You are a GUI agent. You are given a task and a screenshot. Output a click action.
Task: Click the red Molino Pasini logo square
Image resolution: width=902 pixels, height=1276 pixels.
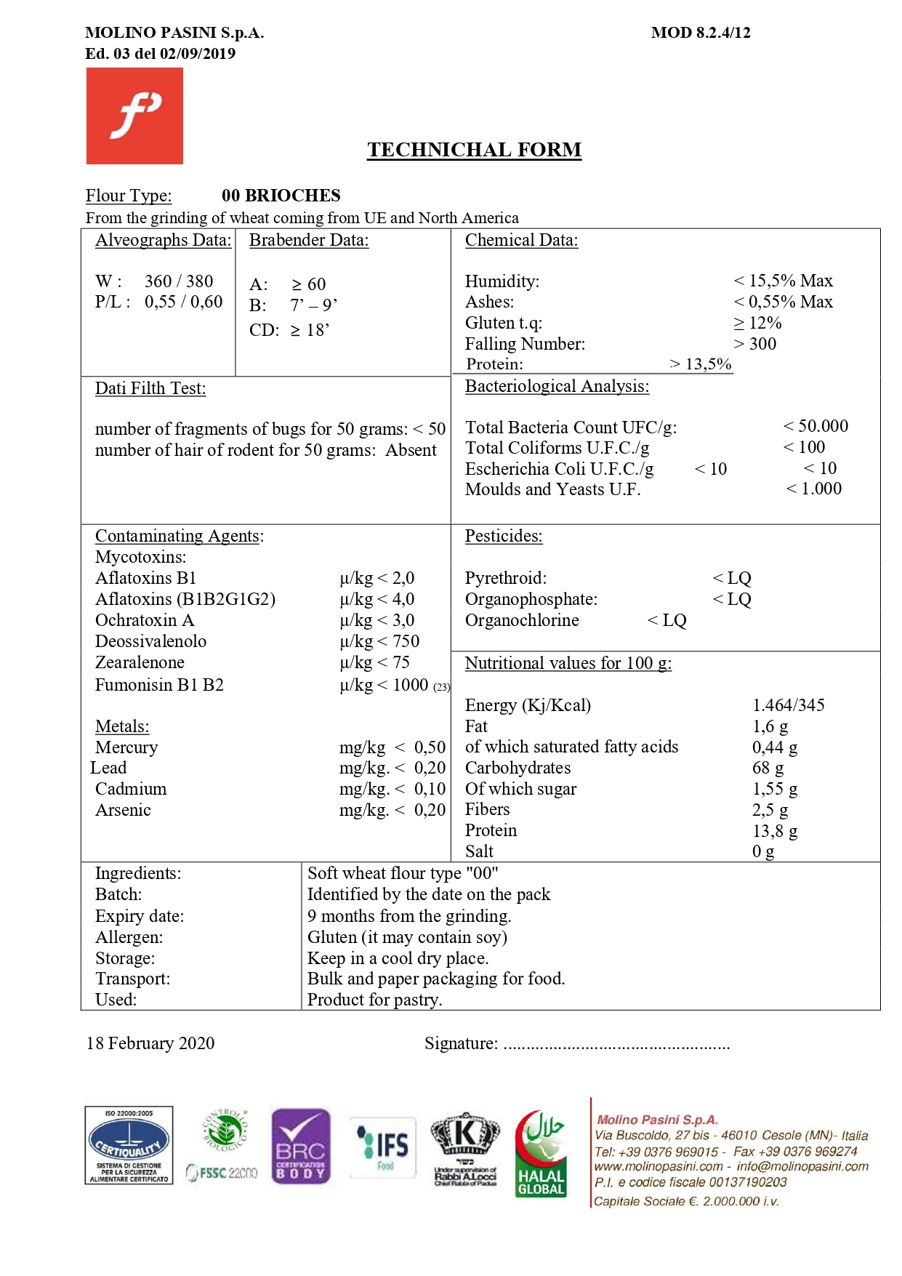coord(134,116)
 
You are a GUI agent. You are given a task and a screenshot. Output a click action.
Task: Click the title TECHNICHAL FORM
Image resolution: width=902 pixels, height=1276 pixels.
coord(474,150)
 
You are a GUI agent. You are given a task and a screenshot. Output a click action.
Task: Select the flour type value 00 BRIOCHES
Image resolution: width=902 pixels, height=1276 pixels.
coord(281,196)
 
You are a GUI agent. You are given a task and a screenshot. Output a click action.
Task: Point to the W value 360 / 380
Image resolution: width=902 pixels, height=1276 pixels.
coord(179,281)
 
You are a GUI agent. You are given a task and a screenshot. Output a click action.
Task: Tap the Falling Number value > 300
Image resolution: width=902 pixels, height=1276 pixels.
coord(755,344)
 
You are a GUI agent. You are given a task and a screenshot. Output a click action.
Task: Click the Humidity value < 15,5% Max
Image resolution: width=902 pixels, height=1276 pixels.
coord(783,281)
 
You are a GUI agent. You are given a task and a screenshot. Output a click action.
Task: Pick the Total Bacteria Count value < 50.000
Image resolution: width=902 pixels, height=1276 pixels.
coord(816,426)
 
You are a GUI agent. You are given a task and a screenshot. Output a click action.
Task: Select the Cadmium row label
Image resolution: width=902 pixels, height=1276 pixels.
coord(131,789)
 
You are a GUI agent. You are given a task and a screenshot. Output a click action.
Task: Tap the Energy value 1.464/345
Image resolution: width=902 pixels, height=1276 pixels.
coord(789,705)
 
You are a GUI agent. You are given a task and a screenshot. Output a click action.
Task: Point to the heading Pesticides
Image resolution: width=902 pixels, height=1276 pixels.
coord(504,536)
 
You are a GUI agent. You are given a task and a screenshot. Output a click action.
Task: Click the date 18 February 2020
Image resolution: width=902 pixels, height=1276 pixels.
coord(150,1043)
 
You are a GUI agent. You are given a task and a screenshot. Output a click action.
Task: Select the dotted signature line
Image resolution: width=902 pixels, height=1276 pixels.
coord(616,1046)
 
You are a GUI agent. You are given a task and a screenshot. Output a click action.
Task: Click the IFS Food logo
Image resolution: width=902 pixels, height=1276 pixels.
coord(383,1147)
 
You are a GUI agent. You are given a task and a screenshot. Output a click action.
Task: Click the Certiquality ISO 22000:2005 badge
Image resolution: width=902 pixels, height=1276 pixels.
coord(129,1146)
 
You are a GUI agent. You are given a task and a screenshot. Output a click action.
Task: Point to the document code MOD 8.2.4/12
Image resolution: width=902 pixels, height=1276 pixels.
coord(701,33)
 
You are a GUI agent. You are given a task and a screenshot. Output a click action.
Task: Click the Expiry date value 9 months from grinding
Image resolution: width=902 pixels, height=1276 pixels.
coord(409,916)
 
